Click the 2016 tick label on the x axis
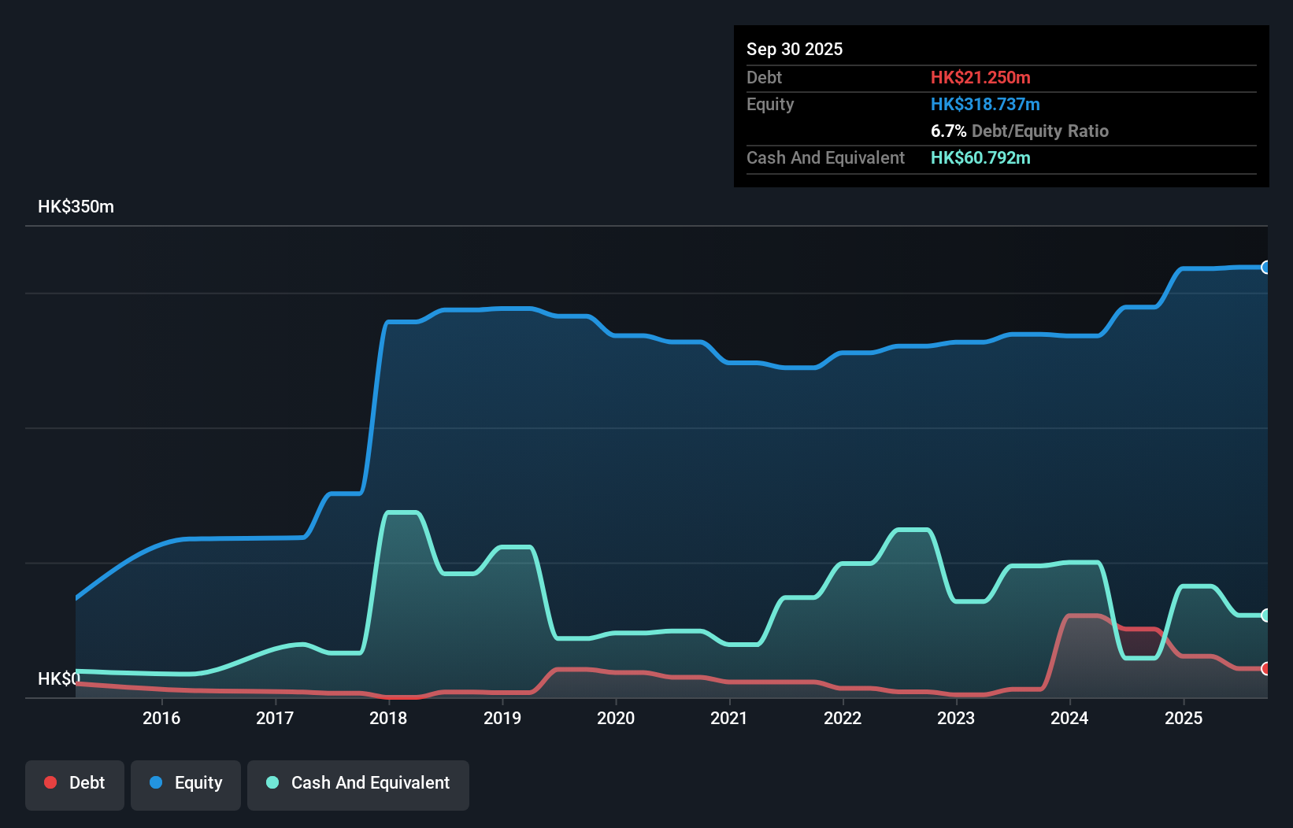[x=161, y=718]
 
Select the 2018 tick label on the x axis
[x=388, y=718]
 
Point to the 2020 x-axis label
[x=615, y=718]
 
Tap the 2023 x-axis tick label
[x=956, y=718]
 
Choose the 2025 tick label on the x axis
[x=1183, y=718]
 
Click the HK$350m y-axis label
[x=76, y=207]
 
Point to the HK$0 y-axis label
[x=59, y=678]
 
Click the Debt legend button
[x=75, y=783]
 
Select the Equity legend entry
[x=186, y=783]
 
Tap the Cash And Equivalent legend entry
[x=358, y=783]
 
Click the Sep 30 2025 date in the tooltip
[x=794, y=49]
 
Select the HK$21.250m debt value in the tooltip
[x=980, y=77]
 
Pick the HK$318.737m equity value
[x=985, y=104]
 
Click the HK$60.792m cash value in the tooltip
[x=980, y=157]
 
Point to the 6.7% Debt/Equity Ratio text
[x=1019, y=131]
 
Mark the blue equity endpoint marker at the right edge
[x=1265, y=268]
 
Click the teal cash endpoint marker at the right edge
[x=1265, y=615]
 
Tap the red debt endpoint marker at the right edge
[x=1265, y=669]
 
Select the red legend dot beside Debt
[x=50, y=782]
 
